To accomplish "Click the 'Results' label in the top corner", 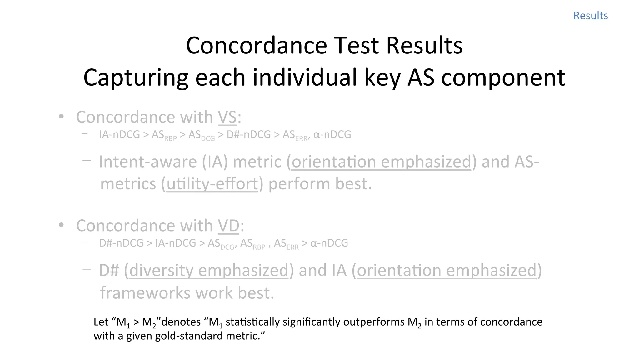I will pos(590,16).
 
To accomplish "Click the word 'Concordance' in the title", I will pos(256,46).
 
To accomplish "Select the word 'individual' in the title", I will pos(305,77).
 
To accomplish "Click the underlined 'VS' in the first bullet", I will pos(227,117).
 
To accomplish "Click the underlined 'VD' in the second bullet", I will pos(229,226).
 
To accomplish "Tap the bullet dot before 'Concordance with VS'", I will pos(62,117).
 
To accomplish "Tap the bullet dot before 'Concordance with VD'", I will pos(62,225).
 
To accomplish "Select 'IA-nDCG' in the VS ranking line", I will pos(119,135).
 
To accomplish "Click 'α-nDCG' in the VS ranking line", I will pos(332,135).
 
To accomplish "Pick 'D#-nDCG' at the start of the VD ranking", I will pos(121,243).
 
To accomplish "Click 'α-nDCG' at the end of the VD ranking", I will pos(329,243).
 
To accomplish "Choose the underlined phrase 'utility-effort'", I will pos(212,184).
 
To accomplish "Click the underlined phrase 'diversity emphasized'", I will pos(209,271).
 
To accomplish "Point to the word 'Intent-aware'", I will pos(148,162).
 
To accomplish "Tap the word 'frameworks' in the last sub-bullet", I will pos(144,293).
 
